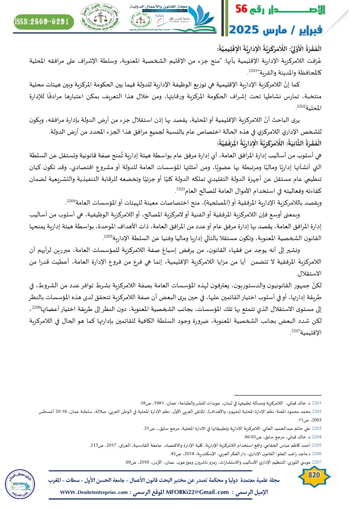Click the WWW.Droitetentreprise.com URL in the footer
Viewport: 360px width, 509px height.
[97, 492]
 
